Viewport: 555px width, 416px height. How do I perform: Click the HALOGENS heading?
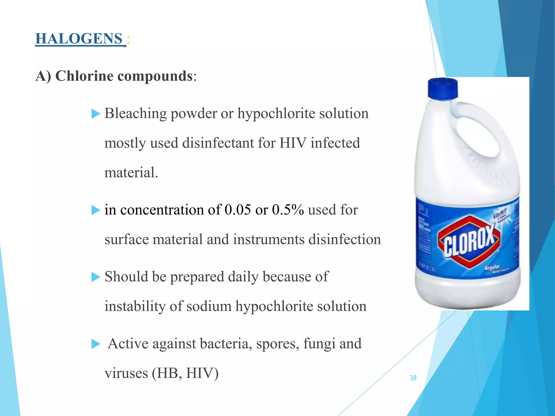click(x=79, y=38)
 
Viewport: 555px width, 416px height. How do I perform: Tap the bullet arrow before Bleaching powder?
click(x=95, y=114)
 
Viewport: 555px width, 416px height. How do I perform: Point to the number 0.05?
click(x=238, y=210)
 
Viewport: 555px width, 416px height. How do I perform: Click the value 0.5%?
click(x=288, y=210)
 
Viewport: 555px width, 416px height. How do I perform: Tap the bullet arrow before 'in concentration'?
click(x=95, y=210)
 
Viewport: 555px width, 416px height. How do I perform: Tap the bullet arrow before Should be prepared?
click(x=95, y=277)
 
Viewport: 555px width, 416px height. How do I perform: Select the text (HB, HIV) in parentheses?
click(x=185, y=373)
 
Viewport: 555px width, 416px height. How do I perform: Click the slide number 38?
click(x=413, y=378)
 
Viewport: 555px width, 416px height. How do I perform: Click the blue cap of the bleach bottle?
click(x=443, y=88)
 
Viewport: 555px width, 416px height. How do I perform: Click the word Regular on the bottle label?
click(x=492, y=268)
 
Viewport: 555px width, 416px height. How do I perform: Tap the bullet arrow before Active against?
click(x=95, y=344)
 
